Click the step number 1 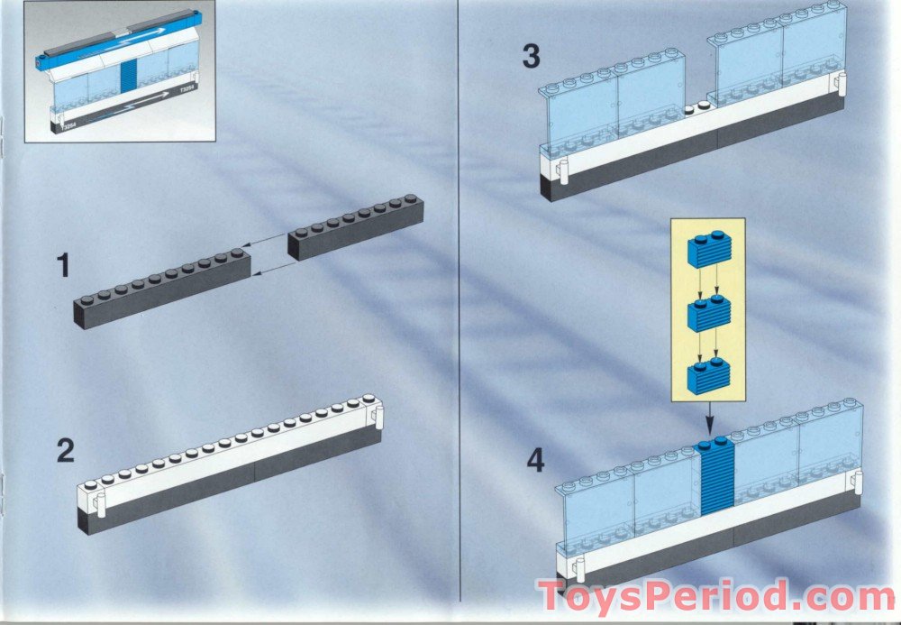[x=62, y=266]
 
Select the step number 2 [x=65, y=451]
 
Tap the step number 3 [x=532, y=56]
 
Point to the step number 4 [x=535, y=462]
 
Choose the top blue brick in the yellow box [x=709, y=251]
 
